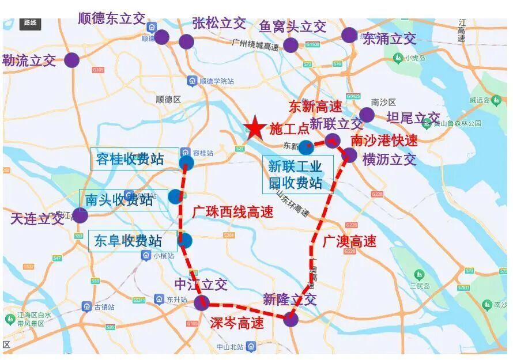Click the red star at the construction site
[x=254, y=127]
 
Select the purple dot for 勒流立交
[x=71, y=60]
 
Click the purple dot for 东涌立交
[x=349, y=35]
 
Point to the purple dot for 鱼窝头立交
[x=291, y=45]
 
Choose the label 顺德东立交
[x=112, y=18]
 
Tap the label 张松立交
[x=219, y=24]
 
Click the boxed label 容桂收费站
[x=130, y=159]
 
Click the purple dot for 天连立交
[x=80, y=215]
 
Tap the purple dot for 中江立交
[x=201, y=302]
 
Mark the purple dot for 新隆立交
[x=291, y=319]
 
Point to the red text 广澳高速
[x=349, y=240]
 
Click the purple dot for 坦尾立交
[x=367, y=115]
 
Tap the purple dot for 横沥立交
[x=349, y=154]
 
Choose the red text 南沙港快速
[x=384, y=140]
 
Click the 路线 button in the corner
[x=29, y=23]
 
